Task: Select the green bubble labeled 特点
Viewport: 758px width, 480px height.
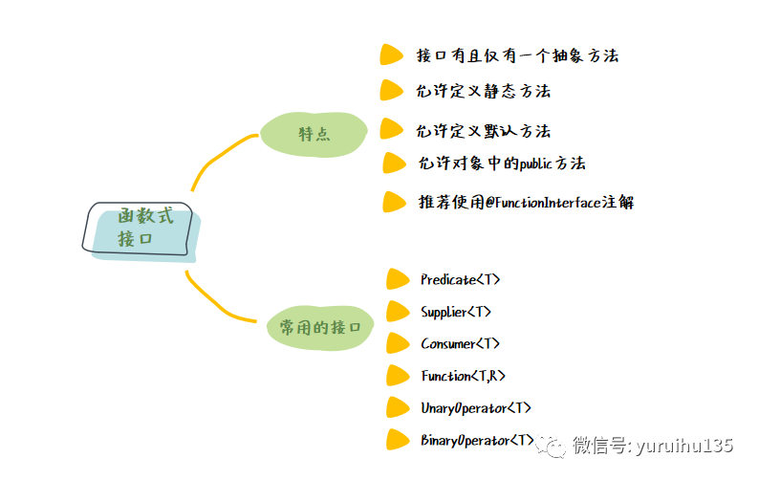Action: (314, 135)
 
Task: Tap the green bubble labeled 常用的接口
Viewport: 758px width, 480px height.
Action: (319, 327)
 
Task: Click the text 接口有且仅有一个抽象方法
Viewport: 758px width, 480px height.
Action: (517, 55)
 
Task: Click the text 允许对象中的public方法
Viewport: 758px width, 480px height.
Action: (501, 164)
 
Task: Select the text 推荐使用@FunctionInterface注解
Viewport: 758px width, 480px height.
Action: (526, 202)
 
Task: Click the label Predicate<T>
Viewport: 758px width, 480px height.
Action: (460, 280)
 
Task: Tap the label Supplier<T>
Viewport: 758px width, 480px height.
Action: (456, 312)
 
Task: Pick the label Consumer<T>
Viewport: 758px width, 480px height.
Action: (460, 343)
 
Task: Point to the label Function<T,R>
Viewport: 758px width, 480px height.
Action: (464, 376)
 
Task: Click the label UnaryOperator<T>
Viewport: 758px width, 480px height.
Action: (476, 408)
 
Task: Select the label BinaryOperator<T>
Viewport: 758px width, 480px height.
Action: (477, 440)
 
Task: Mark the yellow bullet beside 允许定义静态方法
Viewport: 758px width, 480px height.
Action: (391, 91)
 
